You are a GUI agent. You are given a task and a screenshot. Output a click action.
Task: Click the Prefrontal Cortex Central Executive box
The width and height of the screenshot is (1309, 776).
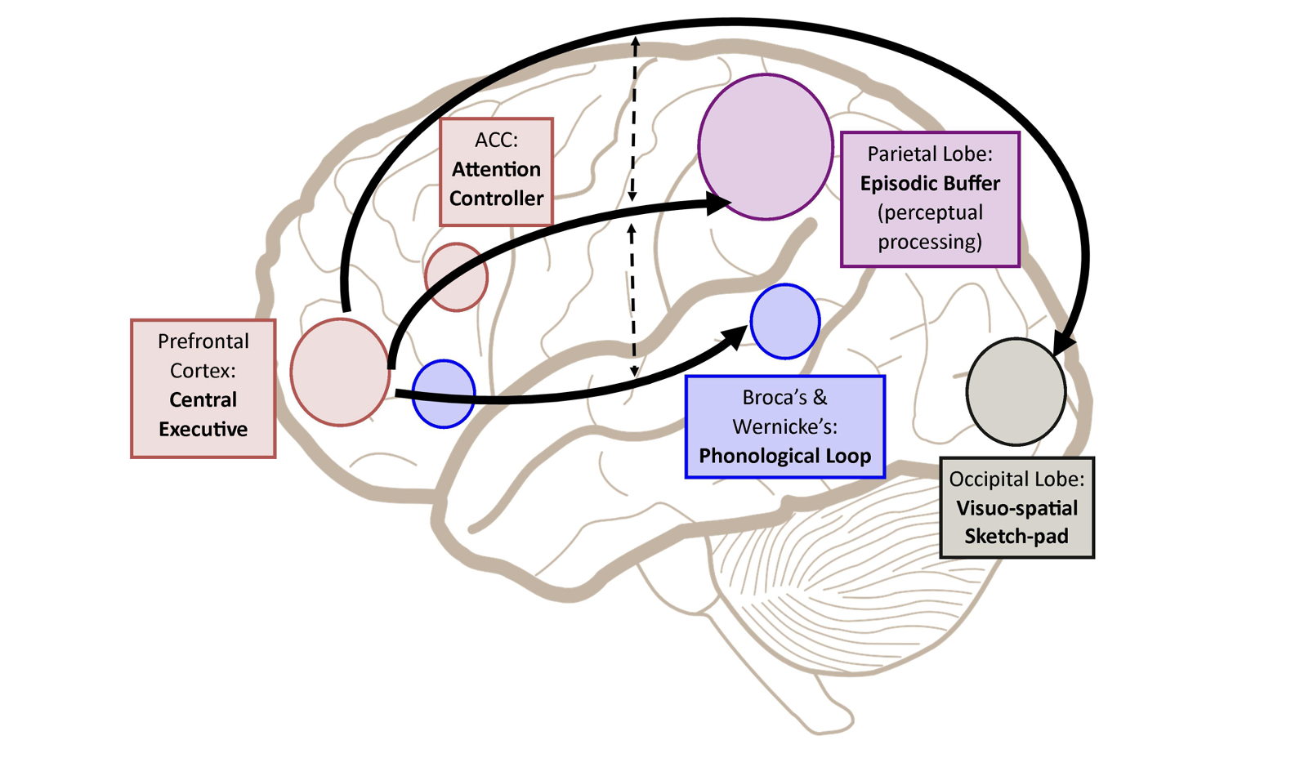point(203,388)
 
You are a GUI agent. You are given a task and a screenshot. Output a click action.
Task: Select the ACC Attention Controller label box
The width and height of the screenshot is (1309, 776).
point(496,172)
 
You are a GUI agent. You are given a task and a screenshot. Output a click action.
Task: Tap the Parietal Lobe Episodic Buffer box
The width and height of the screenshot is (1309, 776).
point(930,199)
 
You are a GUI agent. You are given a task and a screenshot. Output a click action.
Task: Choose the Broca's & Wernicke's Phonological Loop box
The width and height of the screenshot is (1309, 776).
point(784,426)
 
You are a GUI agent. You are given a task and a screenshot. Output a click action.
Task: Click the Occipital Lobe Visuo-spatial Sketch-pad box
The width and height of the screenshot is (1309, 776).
point(1016,507)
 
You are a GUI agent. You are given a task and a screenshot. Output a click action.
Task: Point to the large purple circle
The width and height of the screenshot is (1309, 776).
point(766,147)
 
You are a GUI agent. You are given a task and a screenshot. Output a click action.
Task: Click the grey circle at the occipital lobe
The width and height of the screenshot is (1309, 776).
point(1016,392)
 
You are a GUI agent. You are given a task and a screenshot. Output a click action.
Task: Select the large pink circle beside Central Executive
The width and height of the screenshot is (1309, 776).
point(340,372)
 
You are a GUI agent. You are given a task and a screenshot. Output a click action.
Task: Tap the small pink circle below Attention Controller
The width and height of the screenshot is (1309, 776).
point(456,277)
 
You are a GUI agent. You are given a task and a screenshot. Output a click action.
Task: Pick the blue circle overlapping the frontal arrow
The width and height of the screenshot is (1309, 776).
point(444,394)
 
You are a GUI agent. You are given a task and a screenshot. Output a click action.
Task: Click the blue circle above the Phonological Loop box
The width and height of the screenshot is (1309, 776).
point(784,321)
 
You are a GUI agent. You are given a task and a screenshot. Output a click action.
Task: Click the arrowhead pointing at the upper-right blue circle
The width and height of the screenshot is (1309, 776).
point(733,335)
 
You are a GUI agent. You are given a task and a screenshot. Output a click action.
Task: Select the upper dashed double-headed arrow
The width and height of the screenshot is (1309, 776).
point(633,118)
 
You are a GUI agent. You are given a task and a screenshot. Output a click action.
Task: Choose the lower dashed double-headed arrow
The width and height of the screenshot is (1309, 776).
point(632,301)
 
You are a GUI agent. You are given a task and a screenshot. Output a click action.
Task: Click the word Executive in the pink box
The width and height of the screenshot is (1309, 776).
point(203,429)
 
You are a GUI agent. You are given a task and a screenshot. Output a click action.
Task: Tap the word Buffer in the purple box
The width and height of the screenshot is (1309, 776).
point(970,183)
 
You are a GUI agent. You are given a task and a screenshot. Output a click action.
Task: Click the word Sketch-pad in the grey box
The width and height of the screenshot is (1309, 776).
point(1016,537)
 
